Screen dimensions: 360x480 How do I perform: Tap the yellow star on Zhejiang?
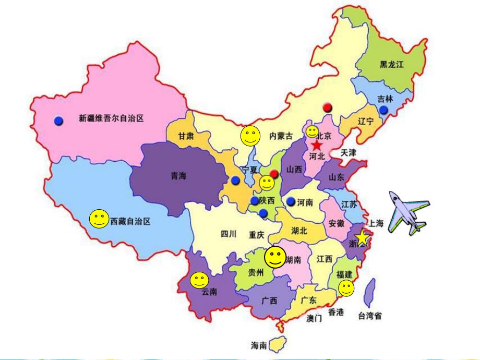(x=363, y=238)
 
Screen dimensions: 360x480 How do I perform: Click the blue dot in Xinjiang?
(x=58, y=121)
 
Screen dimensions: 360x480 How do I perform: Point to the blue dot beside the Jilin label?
(x=384, y=110)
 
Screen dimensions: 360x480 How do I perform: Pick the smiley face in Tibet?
(x=98, y=219)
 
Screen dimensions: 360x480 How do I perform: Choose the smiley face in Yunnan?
(x=199, y=280)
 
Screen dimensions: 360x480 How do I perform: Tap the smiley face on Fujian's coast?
(x=345, y=287)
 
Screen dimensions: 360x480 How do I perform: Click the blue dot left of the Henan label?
(x=291, y=201)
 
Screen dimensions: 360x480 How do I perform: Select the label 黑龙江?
(x=392, y=64)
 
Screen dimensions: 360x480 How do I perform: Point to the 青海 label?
(x=178, y=176)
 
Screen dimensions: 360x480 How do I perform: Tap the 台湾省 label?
(x=369, y=316)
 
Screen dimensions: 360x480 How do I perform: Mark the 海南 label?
(x=259, y=345)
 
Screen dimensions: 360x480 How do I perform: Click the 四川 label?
(x=229, y=234)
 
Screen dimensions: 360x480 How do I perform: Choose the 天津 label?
(x=348, y=153)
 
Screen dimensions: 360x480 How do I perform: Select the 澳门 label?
(x=314, y=318)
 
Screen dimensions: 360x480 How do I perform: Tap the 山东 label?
(x=337, y=177)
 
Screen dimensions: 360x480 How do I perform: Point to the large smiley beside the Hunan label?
(x=275, y=256)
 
